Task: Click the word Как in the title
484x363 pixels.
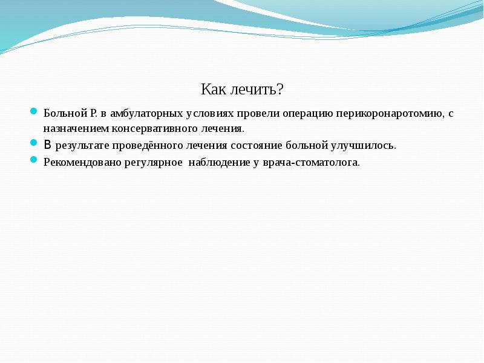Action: [x=213, y=90]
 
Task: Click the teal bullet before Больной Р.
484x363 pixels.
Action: [x=34, y=112]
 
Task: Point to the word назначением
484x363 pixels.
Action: [x=74, y=129]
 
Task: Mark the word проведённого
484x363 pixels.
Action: [x=137, y=146]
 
